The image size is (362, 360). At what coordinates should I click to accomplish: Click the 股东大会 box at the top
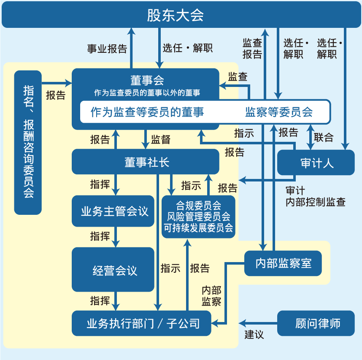181,16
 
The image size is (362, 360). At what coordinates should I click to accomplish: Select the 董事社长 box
146,162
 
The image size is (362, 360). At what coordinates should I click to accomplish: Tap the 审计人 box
316,163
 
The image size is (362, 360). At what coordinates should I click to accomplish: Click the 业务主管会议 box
113,211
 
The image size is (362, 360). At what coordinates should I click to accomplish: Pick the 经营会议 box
113,270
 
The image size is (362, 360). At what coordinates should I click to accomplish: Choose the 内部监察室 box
283,263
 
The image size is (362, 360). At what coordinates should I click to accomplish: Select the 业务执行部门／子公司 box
141,324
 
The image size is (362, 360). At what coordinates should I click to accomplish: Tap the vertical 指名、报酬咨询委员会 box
28,142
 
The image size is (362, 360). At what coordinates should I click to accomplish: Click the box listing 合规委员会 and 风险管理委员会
198,217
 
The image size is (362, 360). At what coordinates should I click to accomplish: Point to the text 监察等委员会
279,112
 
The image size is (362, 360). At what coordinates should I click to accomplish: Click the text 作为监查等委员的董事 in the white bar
147,112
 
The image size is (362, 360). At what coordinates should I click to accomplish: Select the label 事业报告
107,49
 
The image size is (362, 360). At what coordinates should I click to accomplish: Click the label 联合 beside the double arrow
324,138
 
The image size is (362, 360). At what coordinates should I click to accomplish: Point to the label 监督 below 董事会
161,140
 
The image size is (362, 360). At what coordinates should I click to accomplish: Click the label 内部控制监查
315,202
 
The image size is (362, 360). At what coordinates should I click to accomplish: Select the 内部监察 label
211,296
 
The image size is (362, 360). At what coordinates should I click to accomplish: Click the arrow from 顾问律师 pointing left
257,324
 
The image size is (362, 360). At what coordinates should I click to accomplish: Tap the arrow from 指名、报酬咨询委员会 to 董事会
57,83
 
